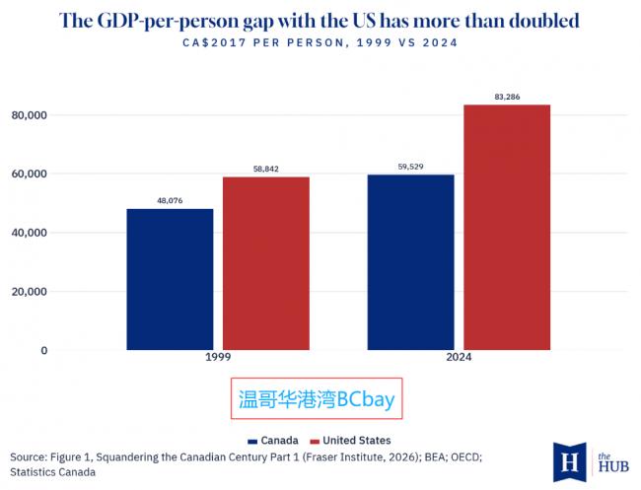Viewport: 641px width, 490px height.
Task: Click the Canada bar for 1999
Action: [x=170, y=279]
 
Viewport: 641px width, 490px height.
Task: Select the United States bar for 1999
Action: [x=265, y=263]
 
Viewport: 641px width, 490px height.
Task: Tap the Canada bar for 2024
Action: [x=410, y=262]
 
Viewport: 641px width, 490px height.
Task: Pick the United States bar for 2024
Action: [x=507, y=227]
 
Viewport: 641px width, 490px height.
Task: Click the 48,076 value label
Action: [x=170, y=201]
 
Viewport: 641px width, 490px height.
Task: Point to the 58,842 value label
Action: [x=265, y=169]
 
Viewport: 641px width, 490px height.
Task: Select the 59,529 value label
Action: [x=410, y=167]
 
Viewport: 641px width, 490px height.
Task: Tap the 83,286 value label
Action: [x=507, y=97]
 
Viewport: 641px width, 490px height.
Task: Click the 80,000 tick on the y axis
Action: [x=30, y=115]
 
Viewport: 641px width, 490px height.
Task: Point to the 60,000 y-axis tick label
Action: [x=30, y=174]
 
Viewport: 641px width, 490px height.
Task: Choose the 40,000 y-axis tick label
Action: [x=30, y=233]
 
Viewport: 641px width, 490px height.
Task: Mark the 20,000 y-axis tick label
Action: [x=30, y=292]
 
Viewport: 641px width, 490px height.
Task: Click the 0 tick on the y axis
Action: [x=43, y=350]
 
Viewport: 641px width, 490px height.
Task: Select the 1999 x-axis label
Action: [x=218, y=357]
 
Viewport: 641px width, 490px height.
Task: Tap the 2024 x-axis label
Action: [x=459, y=357]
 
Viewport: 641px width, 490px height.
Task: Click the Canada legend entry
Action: [x=273, y=441]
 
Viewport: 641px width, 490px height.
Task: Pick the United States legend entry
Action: [x=350, y=441]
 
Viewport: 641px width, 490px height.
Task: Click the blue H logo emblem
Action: [x=570, y=461]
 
